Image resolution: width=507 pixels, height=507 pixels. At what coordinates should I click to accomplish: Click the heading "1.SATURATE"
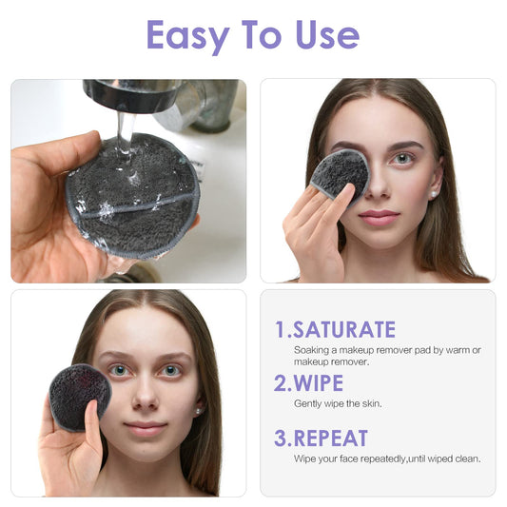(335, 330)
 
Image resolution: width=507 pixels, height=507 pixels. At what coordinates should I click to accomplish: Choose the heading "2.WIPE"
(308, 383)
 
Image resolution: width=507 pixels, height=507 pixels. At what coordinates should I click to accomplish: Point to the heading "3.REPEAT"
(322, 439)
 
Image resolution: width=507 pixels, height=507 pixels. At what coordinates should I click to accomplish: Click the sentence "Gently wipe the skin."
(338, 404)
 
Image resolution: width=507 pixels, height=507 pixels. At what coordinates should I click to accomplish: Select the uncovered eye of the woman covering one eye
(403, 158)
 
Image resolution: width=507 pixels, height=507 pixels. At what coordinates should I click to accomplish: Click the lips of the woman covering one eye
(379, 218)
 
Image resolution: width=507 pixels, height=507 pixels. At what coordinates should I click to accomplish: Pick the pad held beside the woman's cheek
(80, 395)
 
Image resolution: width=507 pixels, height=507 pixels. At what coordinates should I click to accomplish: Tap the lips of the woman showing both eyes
(146, 429)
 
